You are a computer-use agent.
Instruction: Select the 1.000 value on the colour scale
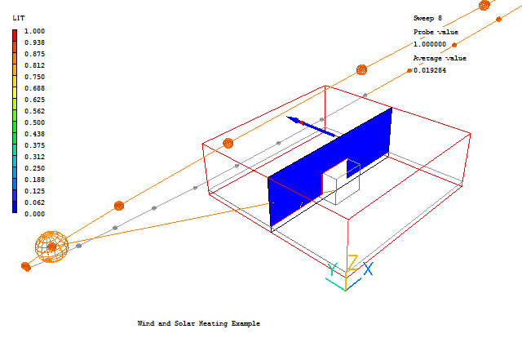pos(34,31)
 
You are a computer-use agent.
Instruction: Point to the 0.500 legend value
pos(34,122)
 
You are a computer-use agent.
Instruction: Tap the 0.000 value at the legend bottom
pos(34,214)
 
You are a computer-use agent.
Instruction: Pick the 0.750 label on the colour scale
pos(34,77)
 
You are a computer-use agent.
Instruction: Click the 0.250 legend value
pos(34,168)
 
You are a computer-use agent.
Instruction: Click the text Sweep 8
pos(427,17)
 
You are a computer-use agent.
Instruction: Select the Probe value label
pos(436,31)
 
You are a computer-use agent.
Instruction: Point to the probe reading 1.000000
pos(430,44)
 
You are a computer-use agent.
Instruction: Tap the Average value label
pos(440,58)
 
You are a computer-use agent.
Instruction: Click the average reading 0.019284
pos(430,71)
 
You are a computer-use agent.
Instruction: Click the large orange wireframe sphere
pos(51,247)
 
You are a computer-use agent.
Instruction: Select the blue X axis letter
pos(369,269)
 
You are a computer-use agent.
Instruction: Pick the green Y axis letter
pos(333,269)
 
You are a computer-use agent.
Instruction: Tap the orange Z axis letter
pos(352,263)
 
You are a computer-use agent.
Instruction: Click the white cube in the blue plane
pos(341,187)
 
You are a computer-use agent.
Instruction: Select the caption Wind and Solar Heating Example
pos(198,324)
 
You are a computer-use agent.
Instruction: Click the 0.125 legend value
pos(34,191)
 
